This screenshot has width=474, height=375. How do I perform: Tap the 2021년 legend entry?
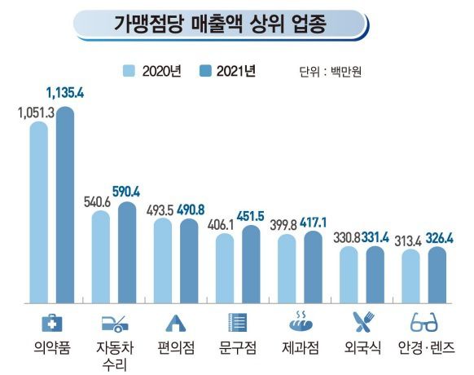[x=227, y=72]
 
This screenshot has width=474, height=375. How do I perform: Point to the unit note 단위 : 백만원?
[x=330, y=72]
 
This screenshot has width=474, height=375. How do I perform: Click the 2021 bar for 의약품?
[x=64, y=204]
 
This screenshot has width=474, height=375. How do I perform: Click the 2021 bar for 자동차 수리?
[x=128, y=253]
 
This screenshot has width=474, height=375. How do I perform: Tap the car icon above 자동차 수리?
[x=114, y=323]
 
